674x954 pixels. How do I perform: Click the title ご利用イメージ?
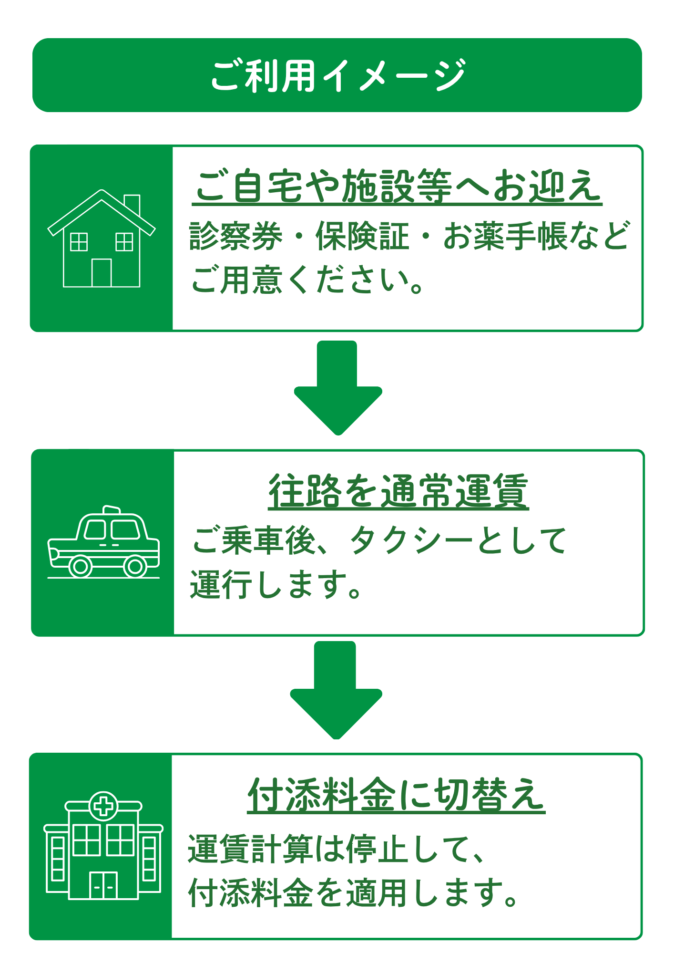pos(337,75)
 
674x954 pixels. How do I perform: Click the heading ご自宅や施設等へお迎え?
pos(397,186)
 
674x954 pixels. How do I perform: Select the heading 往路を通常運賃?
pos(398,491)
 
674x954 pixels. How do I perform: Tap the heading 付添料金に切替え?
pos(396,795)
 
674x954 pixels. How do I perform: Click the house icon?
pos(102,238)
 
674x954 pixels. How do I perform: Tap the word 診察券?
pos(235,237)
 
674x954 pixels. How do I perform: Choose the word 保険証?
pos(362,237)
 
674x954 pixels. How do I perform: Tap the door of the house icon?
pos(102,273)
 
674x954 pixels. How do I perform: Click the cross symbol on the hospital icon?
pos(103,807)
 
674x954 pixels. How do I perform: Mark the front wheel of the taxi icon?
pos(81,567)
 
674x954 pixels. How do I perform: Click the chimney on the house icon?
pos(132,204)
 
